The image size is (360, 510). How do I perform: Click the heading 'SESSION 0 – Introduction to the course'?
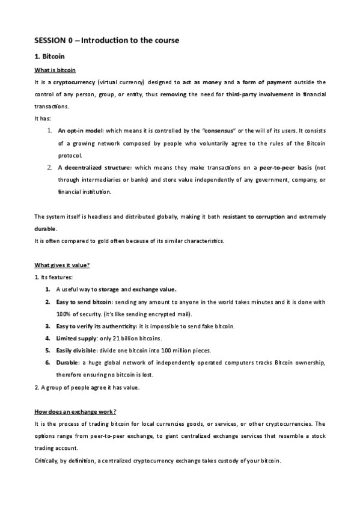106,41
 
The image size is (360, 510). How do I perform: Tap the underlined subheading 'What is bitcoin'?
55,70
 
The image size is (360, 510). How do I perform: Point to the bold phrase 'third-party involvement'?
259,94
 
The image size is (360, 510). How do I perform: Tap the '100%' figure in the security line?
64,314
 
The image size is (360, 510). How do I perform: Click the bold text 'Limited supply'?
77,339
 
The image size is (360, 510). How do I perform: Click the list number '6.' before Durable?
47,363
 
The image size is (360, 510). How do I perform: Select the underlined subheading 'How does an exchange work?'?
75,411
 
